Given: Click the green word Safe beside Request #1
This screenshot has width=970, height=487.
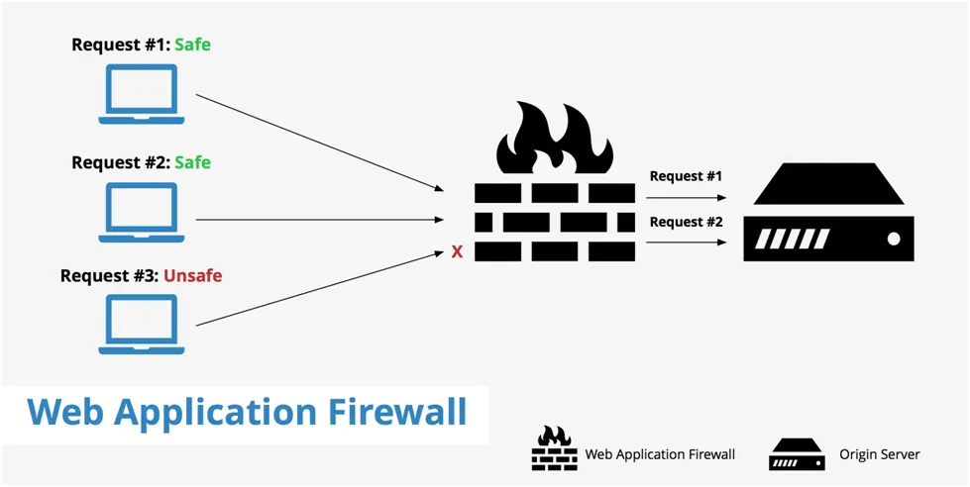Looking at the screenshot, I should click(x=193, y=45).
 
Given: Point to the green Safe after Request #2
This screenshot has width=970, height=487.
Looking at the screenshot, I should click(x=193, y=161).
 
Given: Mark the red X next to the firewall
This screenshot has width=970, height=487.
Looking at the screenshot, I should click(x=457, y=252).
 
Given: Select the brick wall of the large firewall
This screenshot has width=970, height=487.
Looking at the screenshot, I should click(x=554, y=223).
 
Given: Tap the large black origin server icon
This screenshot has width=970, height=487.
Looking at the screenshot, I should click(x=829, y=213).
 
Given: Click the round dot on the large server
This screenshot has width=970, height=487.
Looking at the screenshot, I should click(x=893, y=239).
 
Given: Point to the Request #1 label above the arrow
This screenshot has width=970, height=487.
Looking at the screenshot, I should click(x=686, y=176).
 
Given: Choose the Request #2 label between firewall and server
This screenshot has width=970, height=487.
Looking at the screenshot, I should click(x=686, y=222).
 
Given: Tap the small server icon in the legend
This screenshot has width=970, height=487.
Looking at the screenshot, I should click(x=797, y=454).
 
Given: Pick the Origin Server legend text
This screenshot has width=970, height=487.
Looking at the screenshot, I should click(x=879, y=454).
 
